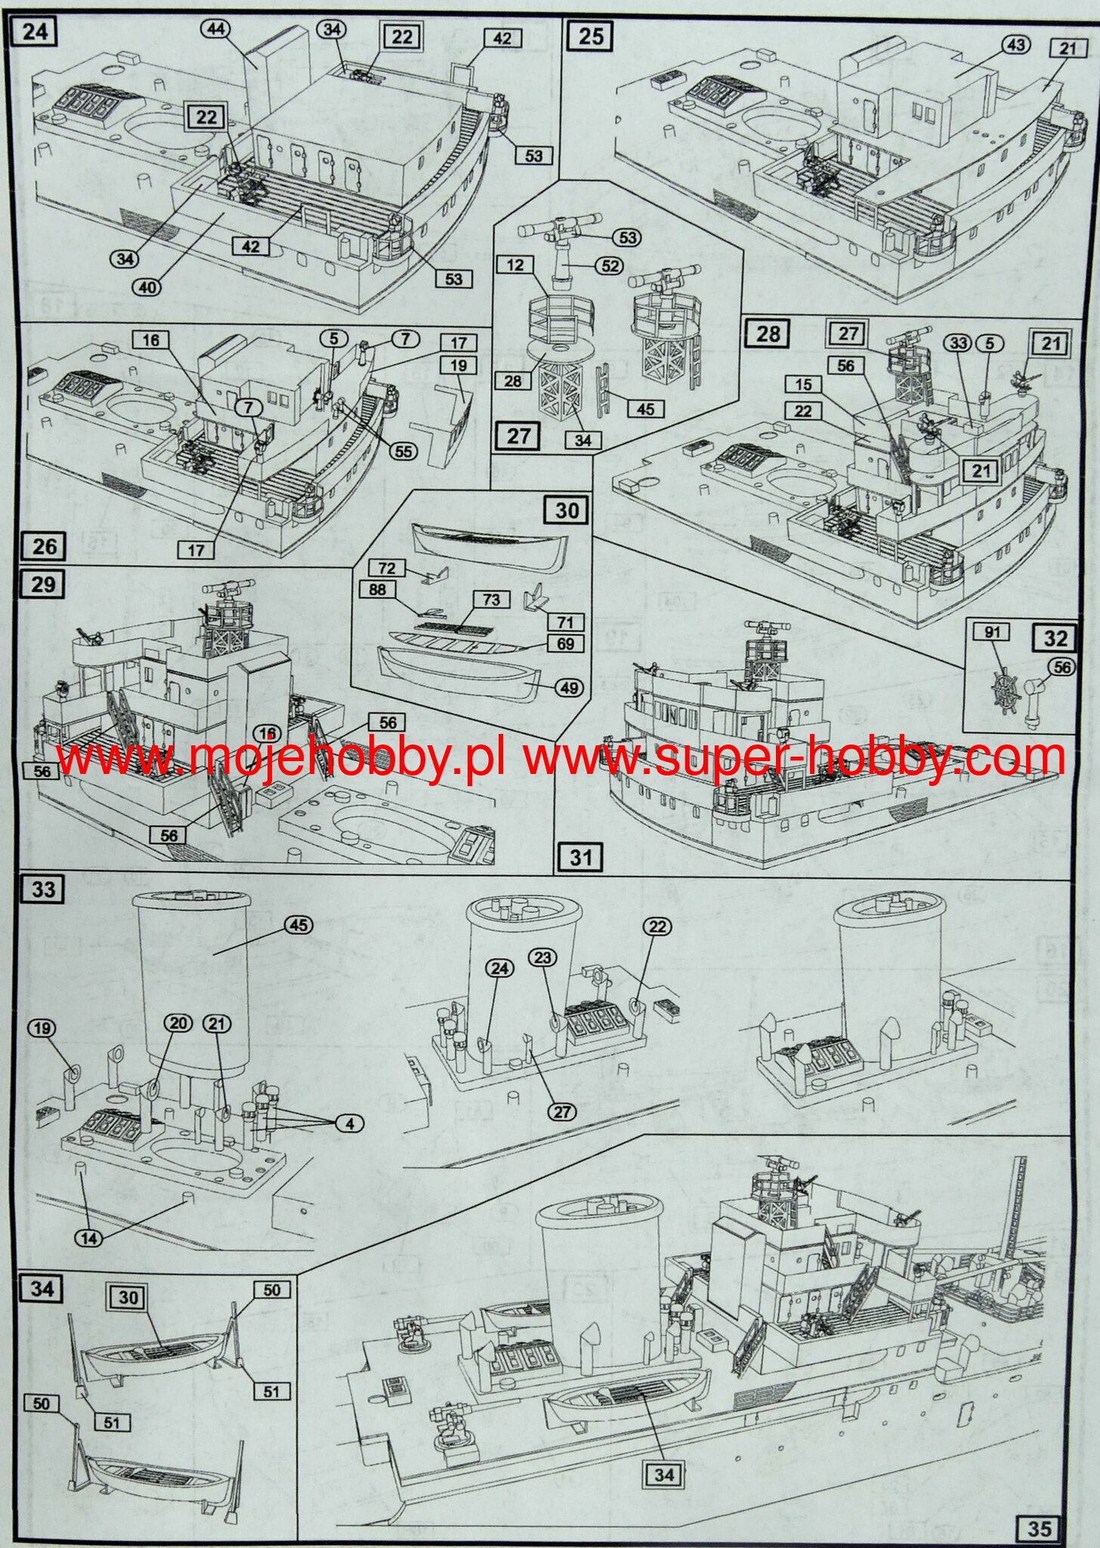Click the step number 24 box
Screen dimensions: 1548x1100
(36, 33)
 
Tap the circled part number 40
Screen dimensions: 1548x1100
(148, 287)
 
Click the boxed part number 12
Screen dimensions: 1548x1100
(515, 265)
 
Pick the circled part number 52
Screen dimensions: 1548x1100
(610, 266)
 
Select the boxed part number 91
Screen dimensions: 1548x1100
(992, 632)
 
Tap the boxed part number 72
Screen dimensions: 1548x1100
(387, 568)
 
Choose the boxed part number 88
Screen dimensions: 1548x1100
(378, 590)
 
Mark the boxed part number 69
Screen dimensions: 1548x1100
(566, 644)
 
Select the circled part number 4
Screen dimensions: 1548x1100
(350, 1124)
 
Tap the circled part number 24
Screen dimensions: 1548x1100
(501, 968)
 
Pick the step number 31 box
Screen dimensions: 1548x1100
(580, 856)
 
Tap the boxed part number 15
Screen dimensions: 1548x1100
(803, 384)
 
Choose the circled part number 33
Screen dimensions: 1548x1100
(959, 342)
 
